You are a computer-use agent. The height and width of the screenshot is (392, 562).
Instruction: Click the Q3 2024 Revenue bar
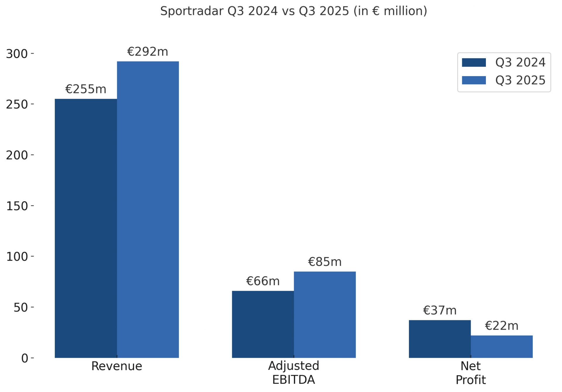pyautogui.click(x=86, y=228)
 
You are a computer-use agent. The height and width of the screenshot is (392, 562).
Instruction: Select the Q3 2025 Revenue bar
pyautogui.click(x=148, y=210)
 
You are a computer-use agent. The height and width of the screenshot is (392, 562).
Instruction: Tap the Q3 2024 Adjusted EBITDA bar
pyautogui.click(x=263, y=324)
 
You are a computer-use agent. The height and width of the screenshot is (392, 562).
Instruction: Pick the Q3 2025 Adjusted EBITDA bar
pyautogui.click(x=325, y=315)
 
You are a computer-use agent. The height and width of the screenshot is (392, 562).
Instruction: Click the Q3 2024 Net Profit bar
pyautogui.click(x=440, y=339)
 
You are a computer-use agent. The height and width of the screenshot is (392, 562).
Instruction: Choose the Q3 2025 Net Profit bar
pyautogui.click(x=502, y=347)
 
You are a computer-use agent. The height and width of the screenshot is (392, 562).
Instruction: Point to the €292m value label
pyautogui.click(x=148, y=52)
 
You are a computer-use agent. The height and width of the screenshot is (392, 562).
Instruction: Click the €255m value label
pyautogui.click(x=86, y=89)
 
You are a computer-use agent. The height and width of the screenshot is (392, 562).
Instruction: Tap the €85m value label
pyautogui.click(x=325, y=262)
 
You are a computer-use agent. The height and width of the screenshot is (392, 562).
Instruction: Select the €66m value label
pyautogui.click(x=263, y=281)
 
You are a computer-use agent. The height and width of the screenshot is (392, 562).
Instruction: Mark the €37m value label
pyautogui.click(x=440, y=311)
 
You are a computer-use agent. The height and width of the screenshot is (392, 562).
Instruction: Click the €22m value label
pyautogui.click(x=502, y=326)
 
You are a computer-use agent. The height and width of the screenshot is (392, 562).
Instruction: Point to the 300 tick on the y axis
pyautogui.click(x=17, y=54)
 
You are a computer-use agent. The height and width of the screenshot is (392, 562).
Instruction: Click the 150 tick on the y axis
pyautogui.click(x=17, y=206)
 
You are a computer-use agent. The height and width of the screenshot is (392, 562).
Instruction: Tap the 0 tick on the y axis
pyautogui.click(x=25, y=358)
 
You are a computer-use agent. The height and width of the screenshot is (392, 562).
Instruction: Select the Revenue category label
pyautogui.click(x=116, y=366)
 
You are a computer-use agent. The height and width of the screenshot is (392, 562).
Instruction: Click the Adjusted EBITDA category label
pyautogui.click(x=294, y=373)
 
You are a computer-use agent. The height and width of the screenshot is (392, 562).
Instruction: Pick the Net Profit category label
pyautogui.click(x=471, y=373)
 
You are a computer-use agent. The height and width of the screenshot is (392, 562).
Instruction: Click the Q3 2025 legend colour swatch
pyautogui.click(x=474, y=80)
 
